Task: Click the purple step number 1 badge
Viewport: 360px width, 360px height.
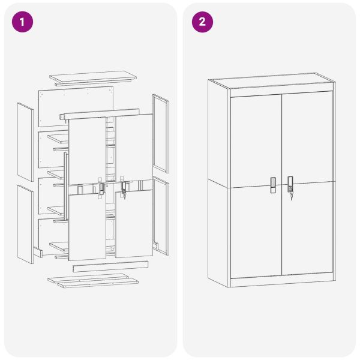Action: pyautogui.click(x=22, y=22)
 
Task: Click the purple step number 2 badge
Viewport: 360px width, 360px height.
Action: pyautogui.click(x=202, y=22)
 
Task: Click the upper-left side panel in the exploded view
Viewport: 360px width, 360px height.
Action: pyautogui.click(x=25, y=142)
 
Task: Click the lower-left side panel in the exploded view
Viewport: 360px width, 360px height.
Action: pyautogui.click(x=25, y=224)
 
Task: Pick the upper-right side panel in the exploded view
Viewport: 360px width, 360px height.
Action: pyautogui.click(x=160, y=133)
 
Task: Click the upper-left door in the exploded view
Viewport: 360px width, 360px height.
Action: pyautogui.click(x=87, y=150)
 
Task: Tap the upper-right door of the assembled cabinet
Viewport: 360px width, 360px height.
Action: pyautogui.click(x=307, y=138)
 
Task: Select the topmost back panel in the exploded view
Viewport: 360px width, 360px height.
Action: pyautogui.click(x=75, y=105)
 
